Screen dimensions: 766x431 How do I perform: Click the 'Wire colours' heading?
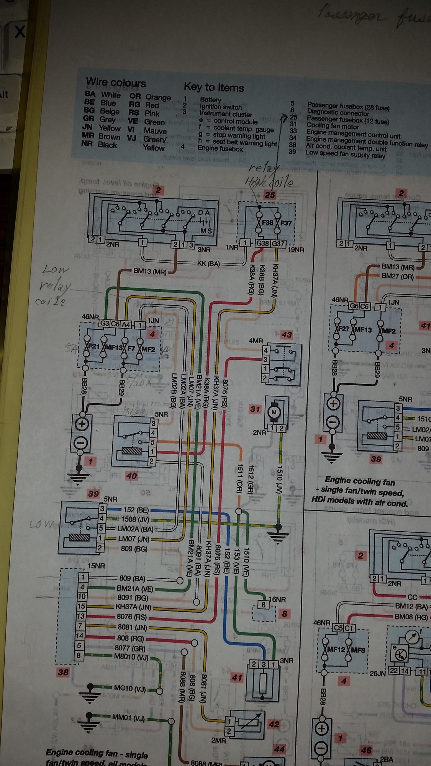(116, 82)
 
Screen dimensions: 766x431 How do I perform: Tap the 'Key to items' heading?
(214, 87)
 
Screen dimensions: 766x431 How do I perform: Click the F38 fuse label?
(268, 223)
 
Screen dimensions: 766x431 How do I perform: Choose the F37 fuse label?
(286, 223)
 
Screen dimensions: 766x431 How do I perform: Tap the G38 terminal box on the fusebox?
(262, 243)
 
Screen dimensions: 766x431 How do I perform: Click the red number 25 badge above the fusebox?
(270, 195)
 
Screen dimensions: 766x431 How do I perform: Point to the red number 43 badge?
(287, 335)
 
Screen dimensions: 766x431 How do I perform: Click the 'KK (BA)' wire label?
(208, 264)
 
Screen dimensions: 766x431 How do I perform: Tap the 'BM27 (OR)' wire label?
(398, 276)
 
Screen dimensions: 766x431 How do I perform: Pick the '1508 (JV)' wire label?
(136, 519)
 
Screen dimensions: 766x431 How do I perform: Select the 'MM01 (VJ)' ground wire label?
(128, 718)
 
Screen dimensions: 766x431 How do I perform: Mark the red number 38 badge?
(63, 672)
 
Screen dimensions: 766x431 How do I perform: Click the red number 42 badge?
(274, 724)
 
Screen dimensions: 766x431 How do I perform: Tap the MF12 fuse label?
(336, 649)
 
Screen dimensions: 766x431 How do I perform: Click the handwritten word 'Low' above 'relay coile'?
(56, 270)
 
